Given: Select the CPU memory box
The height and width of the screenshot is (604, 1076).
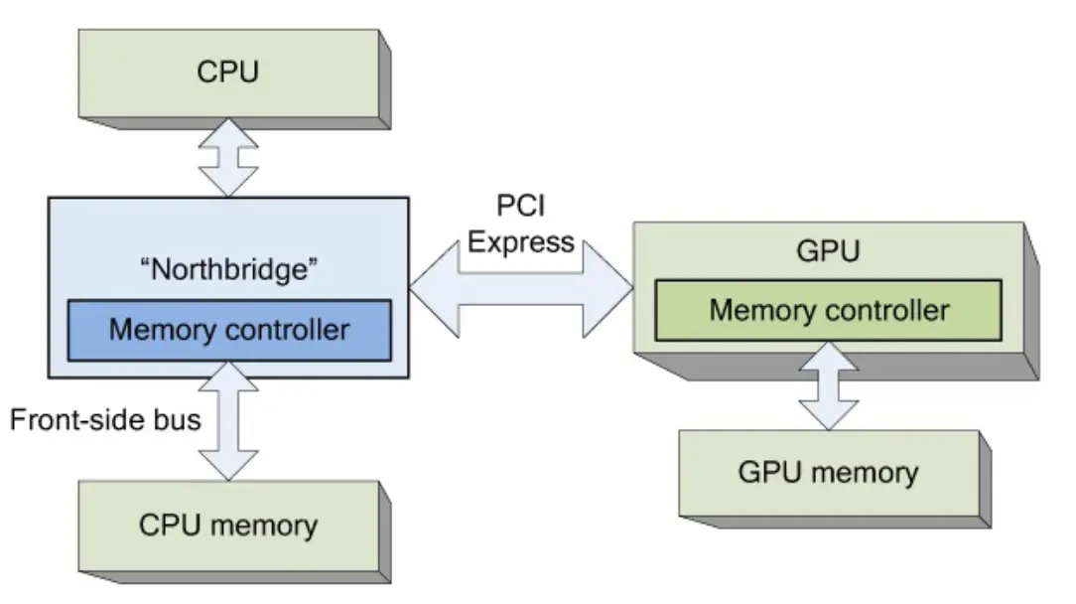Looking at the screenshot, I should [228, 525].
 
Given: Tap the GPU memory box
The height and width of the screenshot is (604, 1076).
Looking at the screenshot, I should [828, 473].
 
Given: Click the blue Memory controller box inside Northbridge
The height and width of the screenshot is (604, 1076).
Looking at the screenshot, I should [229, 330].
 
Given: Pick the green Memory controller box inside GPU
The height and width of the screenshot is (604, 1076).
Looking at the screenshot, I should [829, 311].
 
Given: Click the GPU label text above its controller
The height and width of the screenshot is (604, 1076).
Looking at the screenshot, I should [828, 251].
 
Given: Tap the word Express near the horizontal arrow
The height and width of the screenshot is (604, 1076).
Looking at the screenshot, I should [521, 242].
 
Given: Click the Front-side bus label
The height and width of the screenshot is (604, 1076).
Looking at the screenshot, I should [105, 420].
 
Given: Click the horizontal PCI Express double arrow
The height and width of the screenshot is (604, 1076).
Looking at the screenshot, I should [521, 289].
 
